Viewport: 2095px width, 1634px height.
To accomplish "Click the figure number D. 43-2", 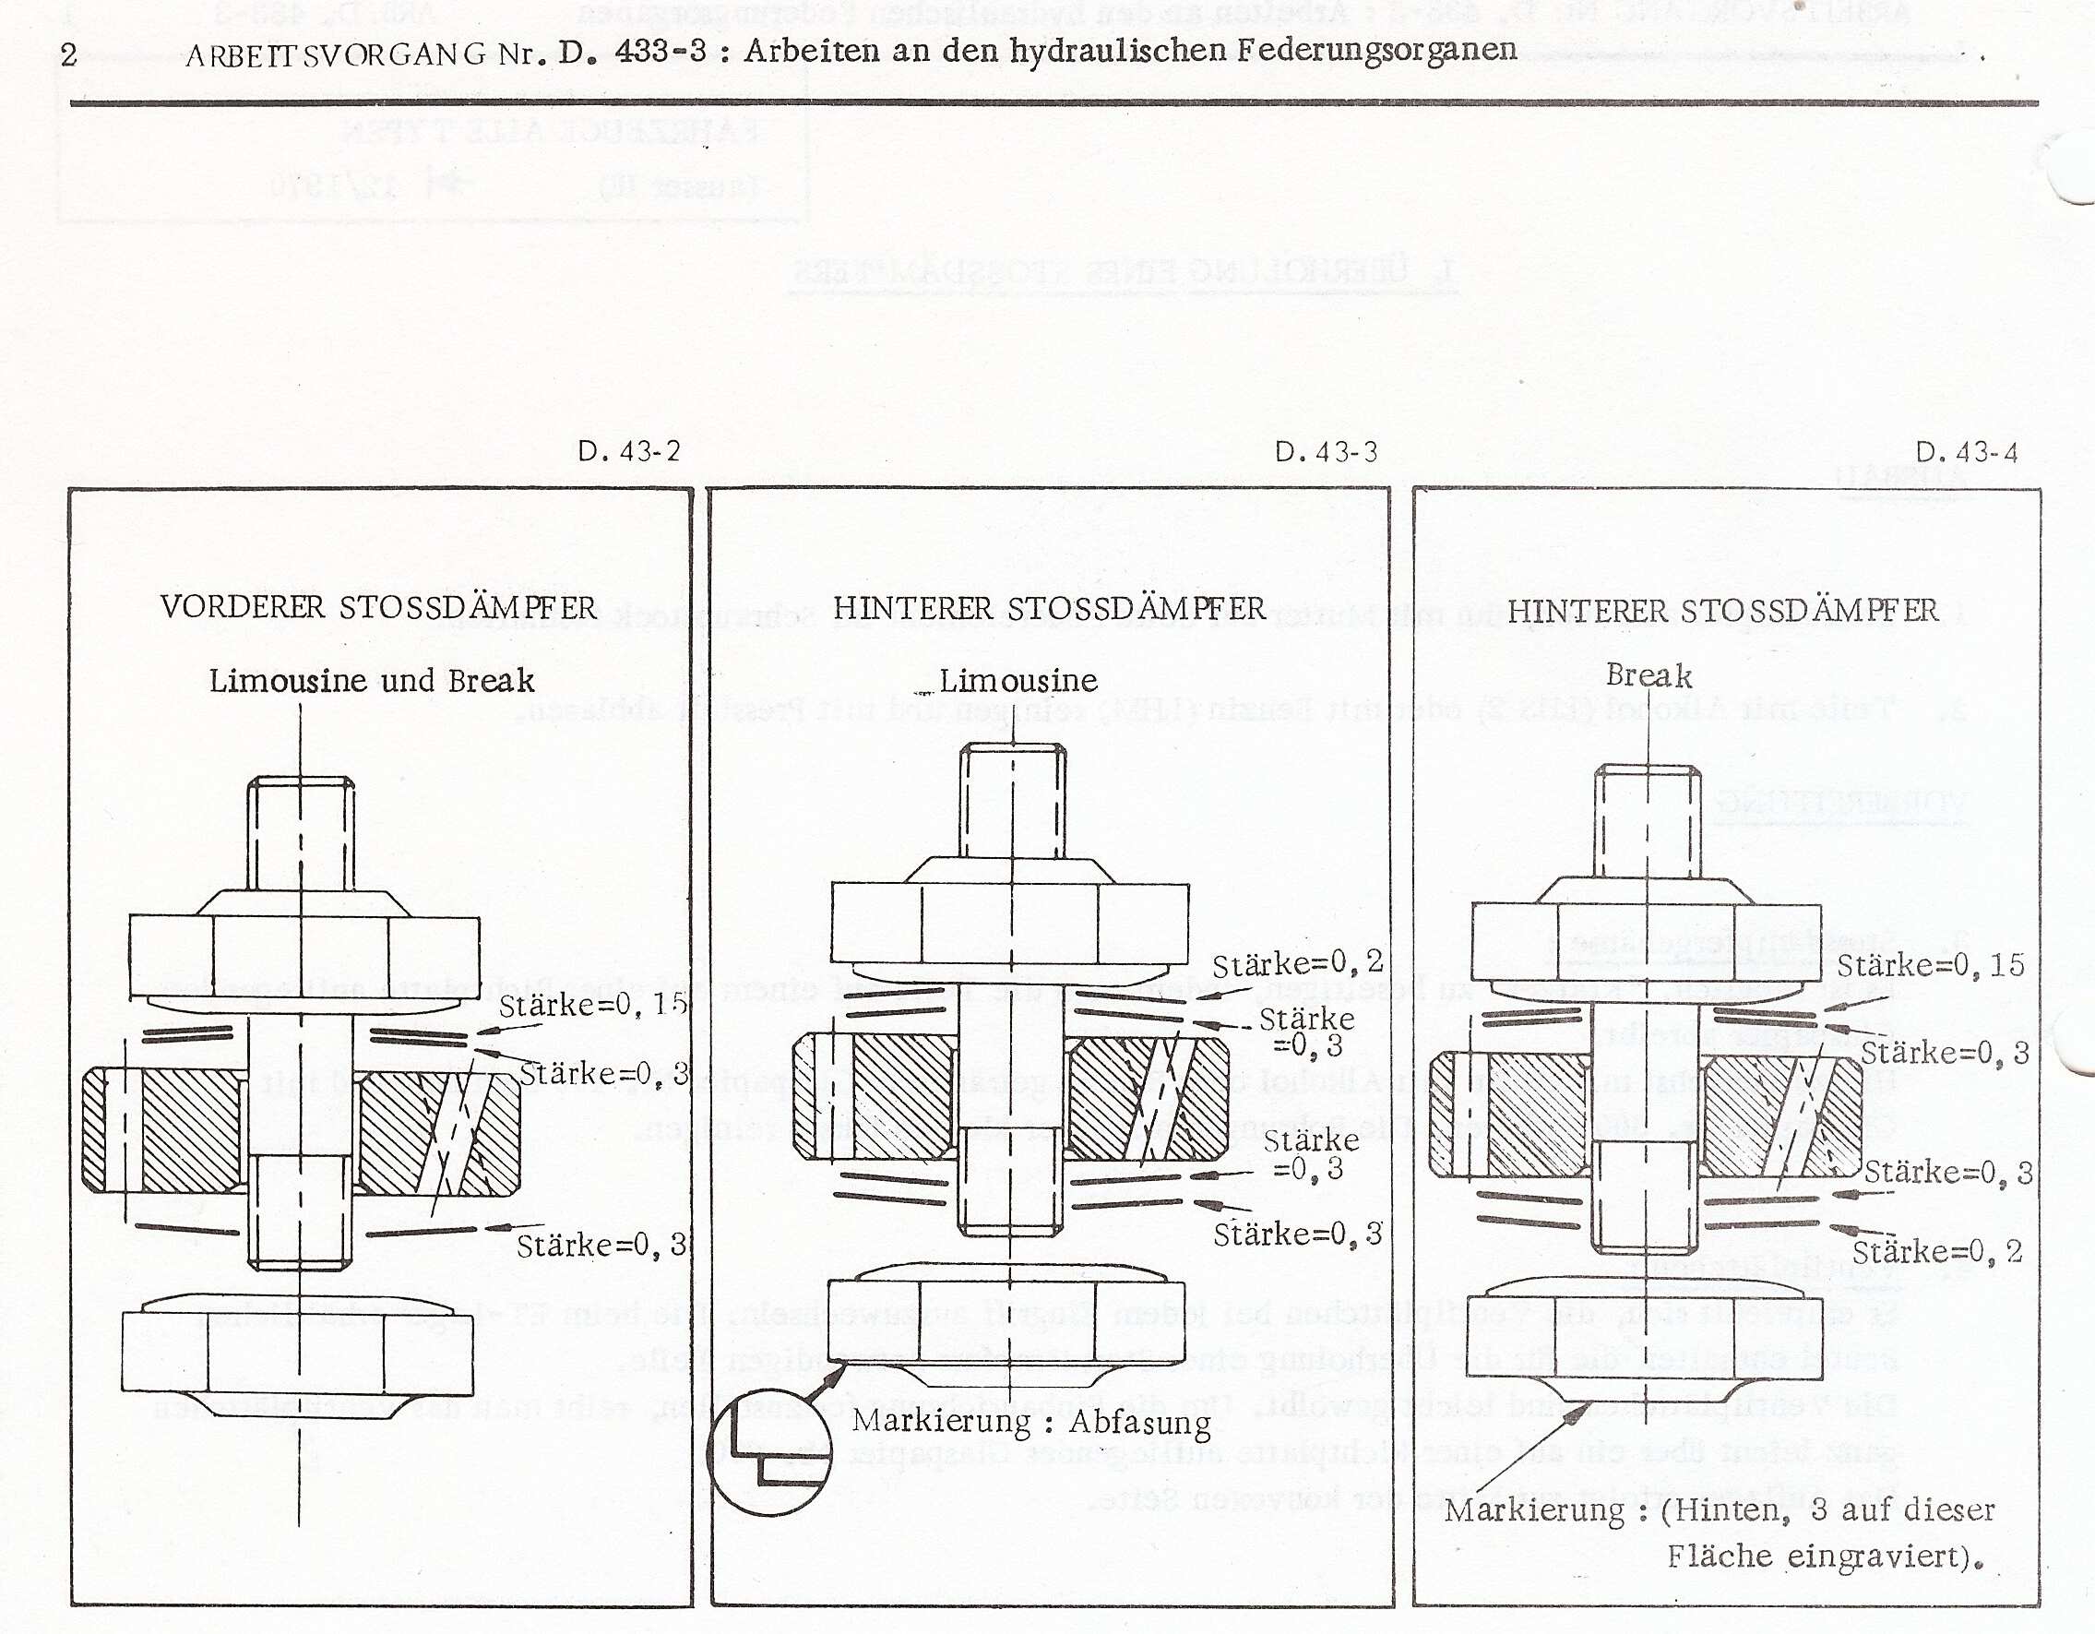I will [628, 451].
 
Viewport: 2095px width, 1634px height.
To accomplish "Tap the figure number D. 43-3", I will [1326, 452].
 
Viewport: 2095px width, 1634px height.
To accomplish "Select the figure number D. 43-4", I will [1967, 452].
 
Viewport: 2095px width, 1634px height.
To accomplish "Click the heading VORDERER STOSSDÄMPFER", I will [378, 607].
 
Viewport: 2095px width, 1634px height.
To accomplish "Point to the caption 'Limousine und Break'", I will [371, 681].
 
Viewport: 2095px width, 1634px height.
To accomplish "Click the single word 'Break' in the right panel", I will [1648, 675].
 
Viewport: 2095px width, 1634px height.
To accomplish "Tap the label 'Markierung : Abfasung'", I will [1031, 1421].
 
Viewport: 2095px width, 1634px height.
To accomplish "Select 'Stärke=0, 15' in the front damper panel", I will [593, 1005].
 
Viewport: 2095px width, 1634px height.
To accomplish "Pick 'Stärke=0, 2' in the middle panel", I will [1297, 963].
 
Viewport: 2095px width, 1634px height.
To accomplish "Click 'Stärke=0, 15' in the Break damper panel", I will [1930, 964].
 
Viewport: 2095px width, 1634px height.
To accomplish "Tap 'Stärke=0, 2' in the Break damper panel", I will [1936, 1251].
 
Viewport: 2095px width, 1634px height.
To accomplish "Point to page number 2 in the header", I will [68, 54].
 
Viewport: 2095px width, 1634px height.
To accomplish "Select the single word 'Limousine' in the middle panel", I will [1018, 680].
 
